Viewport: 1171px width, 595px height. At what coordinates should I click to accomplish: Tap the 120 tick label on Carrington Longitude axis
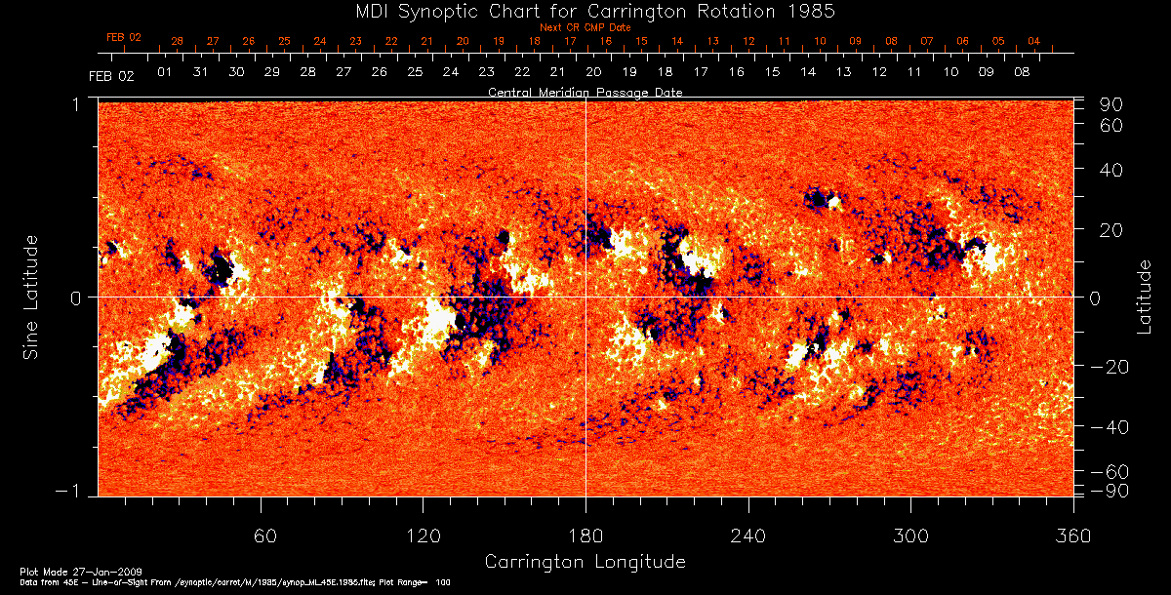[x=423, y=535]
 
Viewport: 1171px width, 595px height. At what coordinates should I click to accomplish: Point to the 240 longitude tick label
[x=748, y=535]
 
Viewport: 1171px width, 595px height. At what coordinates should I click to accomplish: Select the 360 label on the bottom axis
[x=1073, y=535]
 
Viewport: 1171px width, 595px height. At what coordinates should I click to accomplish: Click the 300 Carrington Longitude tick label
[x=910, y=535]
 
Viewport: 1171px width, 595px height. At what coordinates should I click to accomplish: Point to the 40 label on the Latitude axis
[x=1111, y=170]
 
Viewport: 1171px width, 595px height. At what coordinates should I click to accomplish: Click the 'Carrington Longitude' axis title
[x=585, y=562]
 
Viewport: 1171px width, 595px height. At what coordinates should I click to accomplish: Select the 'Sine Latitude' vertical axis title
[x=32, y=297]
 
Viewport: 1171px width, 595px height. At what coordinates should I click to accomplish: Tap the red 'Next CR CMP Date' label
[x=585, y=27]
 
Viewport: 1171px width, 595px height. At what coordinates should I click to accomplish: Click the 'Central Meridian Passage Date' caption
[x=585, y=93]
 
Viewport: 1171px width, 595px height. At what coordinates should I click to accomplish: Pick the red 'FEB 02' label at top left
[x=124, y=37]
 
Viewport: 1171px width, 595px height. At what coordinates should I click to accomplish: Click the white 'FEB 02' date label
[x=110, y=75]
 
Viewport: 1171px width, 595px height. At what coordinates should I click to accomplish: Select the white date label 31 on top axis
[x=200, y=72]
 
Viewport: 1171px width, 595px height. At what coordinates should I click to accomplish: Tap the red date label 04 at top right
[x=1033, y=42]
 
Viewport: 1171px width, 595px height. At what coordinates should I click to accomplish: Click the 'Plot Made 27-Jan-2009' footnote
[x=61, y=570]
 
